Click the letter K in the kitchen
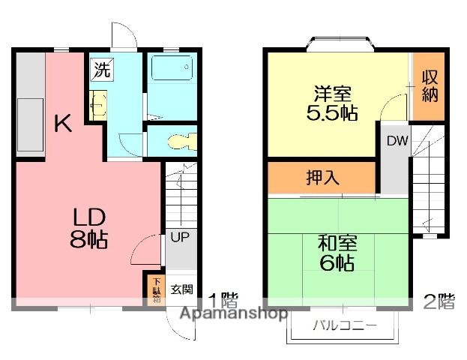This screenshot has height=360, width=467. [63, 122]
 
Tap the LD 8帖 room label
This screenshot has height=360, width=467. [89, 228]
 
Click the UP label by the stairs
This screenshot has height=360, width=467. [179, 238]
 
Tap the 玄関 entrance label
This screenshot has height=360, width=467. [181, 289]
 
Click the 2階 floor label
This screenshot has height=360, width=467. [439, 301]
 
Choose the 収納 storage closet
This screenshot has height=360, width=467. [429, 86]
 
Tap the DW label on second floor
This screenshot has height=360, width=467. [397, 141]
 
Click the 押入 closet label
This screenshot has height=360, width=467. [322, 178]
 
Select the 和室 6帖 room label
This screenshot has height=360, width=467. [337, 253]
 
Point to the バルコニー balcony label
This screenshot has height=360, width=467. [344, 326]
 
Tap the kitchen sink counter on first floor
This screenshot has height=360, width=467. [29, 124]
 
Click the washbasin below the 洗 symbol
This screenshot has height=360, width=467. [97, 103]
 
